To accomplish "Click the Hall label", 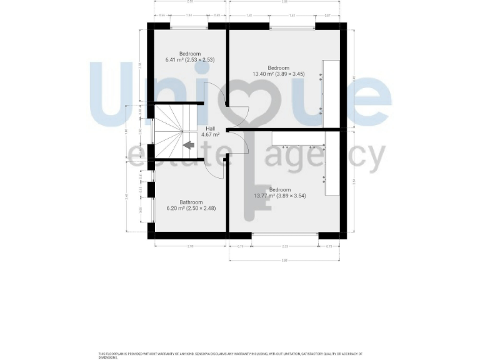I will pyautogui.click(x=210, y=128).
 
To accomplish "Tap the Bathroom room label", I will pyautogui.click(x=191, y=202).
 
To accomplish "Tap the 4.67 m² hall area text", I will pyautogui.click(x=210, y=134).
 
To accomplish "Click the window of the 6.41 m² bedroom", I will pyautogui.click(x=189, y=26).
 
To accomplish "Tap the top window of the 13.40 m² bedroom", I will pyautogui.click(x=292, y=26).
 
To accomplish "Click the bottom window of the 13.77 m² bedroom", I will pyautogui.click(x=284, y=236).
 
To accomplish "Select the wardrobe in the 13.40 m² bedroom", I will pyautogui.click(x=331, y=94).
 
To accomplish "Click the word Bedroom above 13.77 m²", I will pyautogui.click(x=279, y=189).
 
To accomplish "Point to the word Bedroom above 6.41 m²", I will pyautogui.click(x=190, y=54).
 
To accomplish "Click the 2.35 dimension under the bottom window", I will pyautogui.click(x=284, y=246).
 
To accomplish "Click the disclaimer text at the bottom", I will pyautogui.click(x=231, y=356).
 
